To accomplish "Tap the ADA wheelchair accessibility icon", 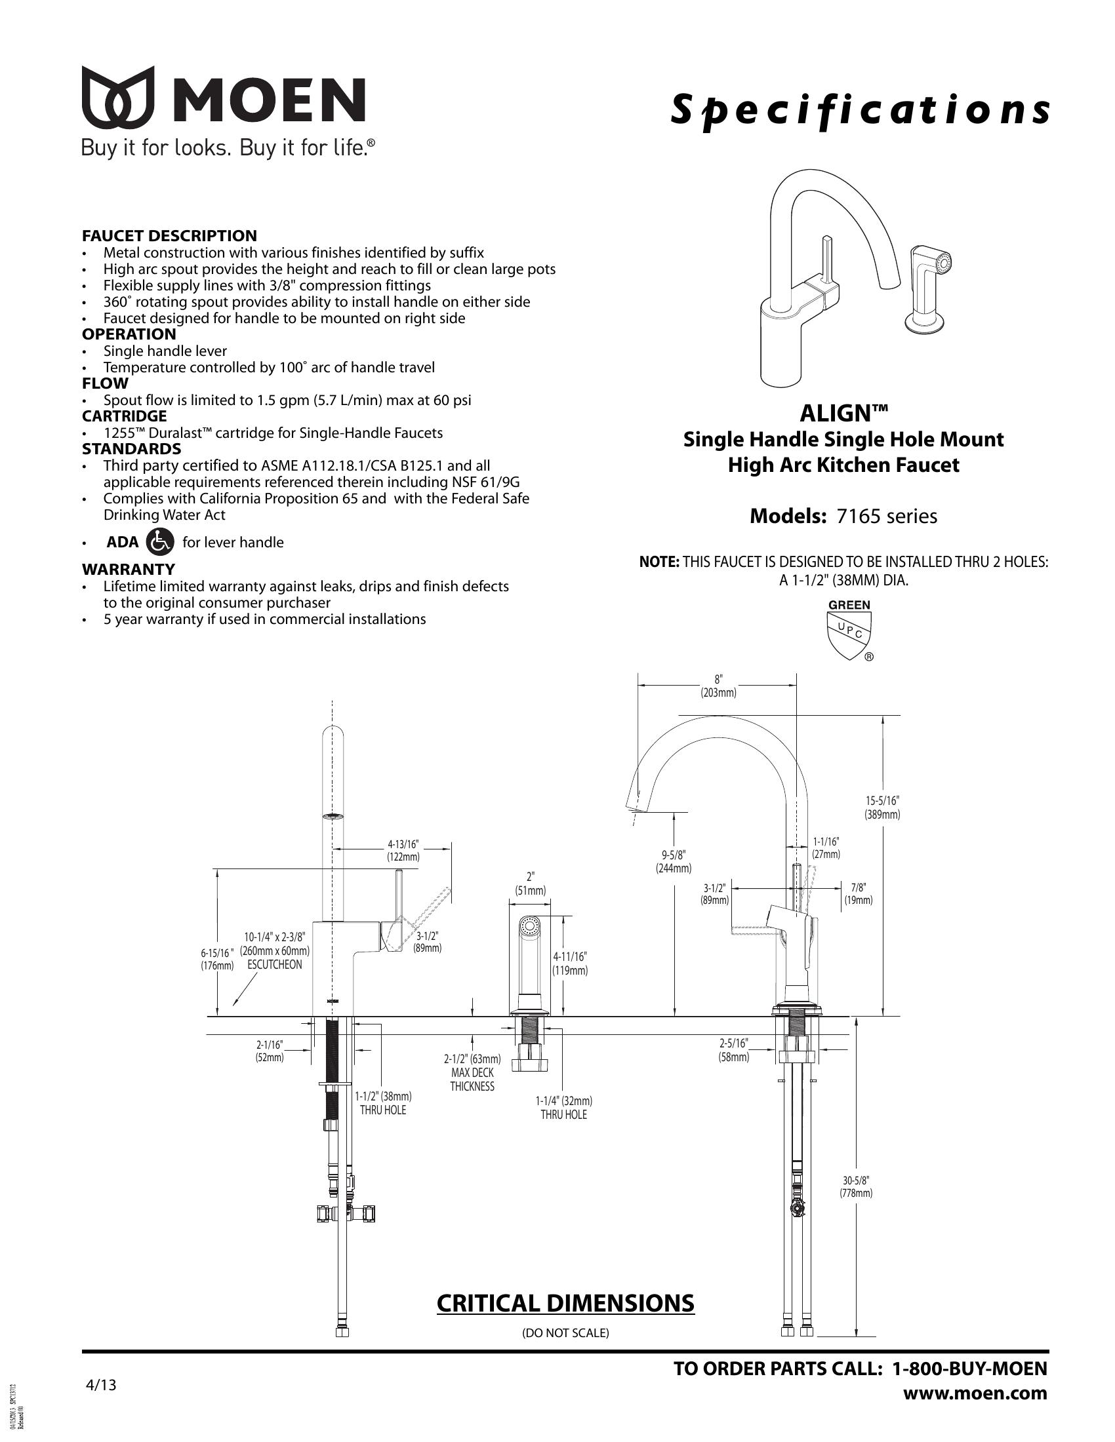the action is click(160, 541).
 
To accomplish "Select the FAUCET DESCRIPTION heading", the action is click(169, 236).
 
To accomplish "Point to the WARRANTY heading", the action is click(128, 569).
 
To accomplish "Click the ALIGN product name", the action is click(843, 414).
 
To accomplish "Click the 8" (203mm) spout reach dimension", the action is click(718, 686).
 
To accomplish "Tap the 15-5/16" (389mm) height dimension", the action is click(882, 807).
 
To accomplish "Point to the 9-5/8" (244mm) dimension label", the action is click(673, 862).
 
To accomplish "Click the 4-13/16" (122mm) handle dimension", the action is click(403, 851).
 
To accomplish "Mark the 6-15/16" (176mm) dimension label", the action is click(217, 960).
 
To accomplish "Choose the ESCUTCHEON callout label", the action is click(275, 965).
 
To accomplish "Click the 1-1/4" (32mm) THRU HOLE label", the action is click(563, 1108).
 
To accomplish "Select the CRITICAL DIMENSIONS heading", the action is click(565, 1303).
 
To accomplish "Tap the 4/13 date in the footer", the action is click(101, 1385).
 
